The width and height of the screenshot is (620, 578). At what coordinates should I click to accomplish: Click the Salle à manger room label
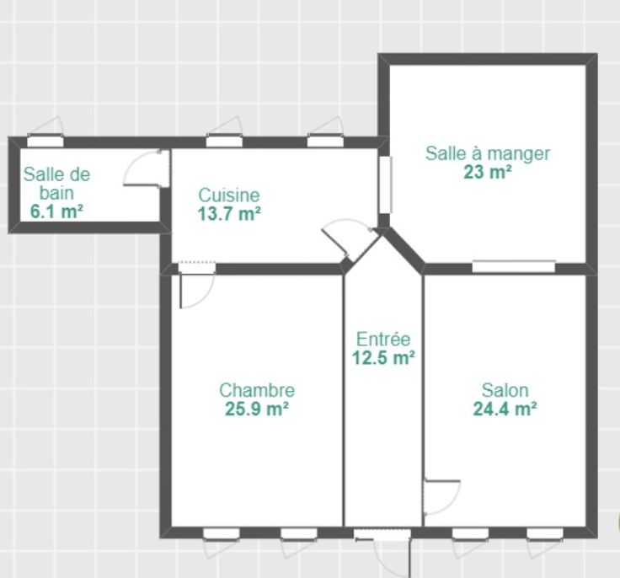(488, 154)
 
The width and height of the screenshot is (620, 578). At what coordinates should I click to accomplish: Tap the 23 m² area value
(488, 172)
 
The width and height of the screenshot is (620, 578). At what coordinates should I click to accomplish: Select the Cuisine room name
(229, 195)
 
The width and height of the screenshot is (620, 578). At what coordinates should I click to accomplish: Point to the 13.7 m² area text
(229, 214)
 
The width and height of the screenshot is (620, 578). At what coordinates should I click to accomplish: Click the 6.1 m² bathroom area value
(56, 211)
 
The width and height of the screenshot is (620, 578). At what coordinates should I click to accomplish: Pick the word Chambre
(257, 390)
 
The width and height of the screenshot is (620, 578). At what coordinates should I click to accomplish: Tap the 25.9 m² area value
(257, 409)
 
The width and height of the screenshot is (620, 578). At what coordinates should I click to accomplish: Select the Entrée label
(383, 340)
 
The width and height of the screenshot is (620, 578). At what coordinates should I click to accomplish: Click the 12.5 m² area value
(383, 357)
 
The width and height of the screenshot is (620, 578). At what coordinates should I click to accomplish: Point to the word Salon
(505, 390)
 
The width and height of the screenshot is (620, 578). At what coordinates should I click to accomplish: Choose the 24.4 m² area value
(505, 409)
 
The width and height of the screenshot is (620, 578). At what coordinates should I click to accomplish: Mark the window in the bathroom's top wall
(45, 141)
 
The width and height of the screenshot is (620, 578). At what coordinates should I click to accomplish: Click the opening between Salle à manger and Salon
(514, 266)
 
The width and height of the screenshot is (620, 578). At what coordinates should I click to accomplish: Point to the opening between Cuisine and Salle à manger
(385, 185)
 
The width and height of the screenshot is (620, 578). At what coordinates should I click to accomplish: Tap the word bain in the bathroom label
(56, 193)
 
